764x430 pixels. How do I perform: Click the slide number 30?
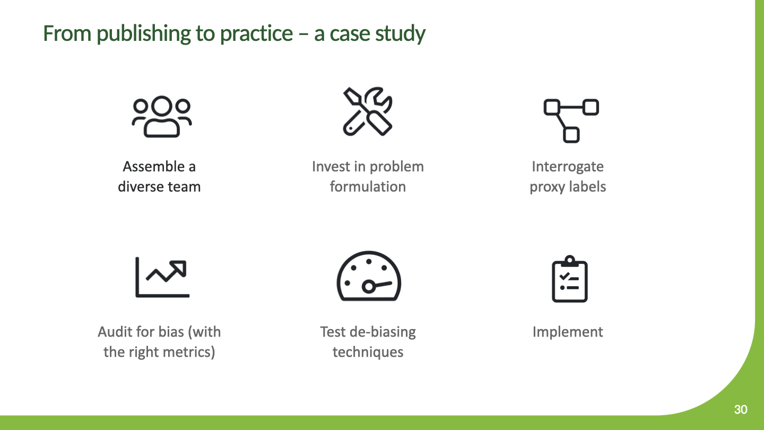coord(741,409)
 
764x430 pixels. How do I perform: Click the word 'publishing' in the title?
coord(143,34)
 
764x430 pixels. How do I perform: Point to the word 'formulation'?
coord(368,187)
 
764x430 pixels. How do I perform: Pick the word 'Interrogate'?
coord(568,167)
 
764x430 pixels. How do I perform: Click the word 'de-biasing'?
coord(384,332)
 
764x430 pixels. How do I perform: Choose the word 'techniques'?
coord(368,352)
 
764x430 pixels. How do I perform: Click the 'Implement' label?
coord(568,332)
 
